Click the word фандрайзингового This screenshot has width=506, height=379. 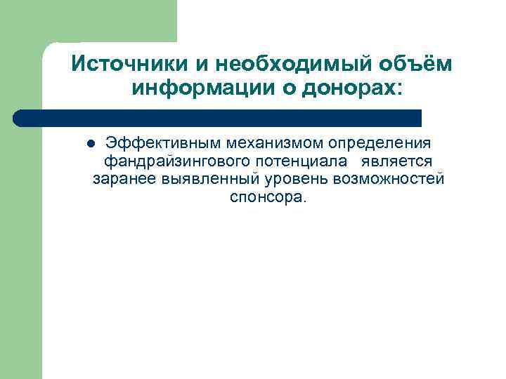pos(175,161)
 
